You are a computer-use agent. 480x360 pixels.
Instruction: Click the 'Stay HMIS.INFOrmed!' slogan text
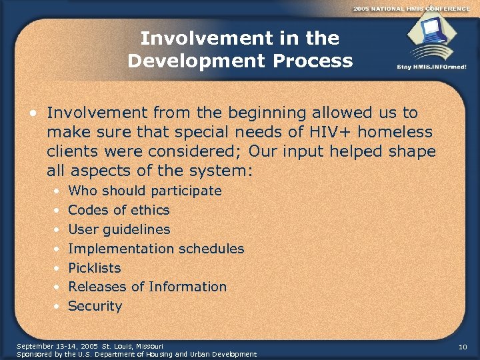click(431, 67)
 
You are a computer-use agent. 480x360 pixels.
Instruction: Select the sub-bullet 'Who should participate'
click(145, 191)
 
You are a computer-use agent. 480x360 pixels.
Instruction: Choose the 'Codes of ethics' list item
click(119, 210)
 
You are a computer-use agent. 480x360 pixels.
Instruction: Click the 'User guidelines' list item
click(119, 229)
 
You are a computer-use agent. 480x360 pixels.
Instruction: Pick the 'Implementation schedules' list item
click(156, 249)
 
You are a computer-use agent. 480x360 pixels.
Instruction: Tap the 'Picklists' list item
click(95, 268)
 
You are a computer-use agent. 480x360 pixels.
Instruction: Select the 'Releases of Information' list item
click(147, 287)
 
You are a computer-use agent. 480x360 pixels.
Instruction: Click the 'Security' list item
click(95, 306)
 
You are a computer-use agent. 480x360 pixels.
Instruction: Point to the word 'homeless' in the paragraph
click(399, 132)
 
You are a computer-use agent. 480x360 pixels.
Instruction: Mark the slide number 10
click(463, 347)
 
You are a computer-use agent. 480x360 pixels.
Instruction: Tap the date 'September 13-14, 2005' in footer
click(56, 346)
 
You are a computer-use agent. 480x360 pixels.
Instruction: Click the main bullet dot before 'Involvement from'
click(33, 113)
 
